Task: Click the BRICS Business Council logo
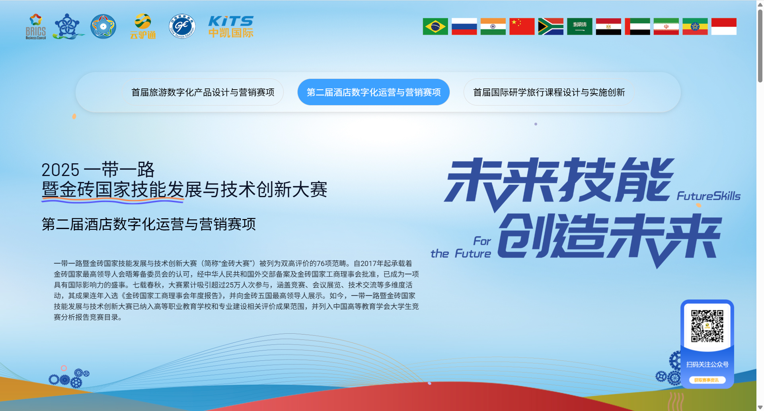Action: pos(36,27)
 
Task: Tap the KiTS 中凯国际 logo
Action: pos(231,27)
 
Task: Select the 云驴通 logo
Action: pos(143,27)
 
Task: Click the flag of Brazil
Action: pos(435,27)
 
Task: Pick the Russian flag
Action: pos(464,27)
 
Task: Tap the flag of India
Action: pos(493,27)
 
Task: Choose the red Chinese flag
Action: pos(522,27)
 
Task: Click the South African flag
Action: pos(551,27)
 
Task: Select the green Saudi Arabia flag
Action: pos(579,27)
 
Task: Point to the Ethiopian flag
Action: pos(695,27)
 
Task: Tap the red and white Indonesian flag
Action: pos(724,27)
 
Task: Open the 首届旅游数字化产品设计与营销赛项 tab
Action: pos(203,92)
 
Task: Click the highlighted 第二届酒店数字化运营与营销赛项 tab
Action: pos(374,92)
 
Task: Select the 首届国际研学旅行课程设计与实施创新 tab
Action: pos(549,92)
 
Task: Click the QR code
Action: pos(707,326)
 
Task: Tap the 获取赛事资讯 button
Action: pos(707,380)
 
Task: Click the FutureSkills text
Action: pos(708,196)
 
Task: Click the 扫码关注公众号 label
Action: pos(707,364)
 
